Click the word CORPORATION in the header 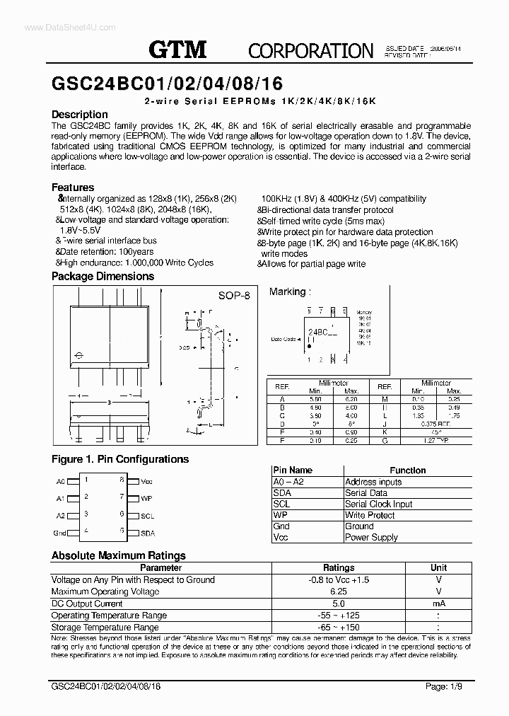click(x=310, y=50)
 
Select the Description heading click(x=80, y=115)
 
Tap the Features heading click(x=73, y=187)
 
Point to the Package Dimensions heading click(x=102, y=277)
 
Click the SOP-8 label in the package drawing click(x=233, y=296)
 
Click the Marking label click(x=288, y=291)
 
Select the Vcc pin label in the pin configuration click(x=146, y=481)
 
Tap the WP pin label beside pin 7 click(x=146, y=498)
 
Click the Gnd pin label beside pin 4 click(x=60, y=533)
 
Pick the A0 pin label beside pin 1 click(x=61, y=481)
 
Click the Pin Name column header click(x=293, y=470)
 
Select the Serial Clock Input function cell click(x=378, y=504)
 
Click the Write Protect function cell click(x=370, y=515)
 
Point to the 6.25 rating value click(x=339, y=591)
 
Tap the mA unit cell click(x=438, y=604)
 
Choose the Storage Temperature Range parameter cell click(x=105, y=628)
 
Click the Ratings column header click(x=339, y=567)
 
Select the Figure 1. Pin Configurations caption click(x=120, y=459)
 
